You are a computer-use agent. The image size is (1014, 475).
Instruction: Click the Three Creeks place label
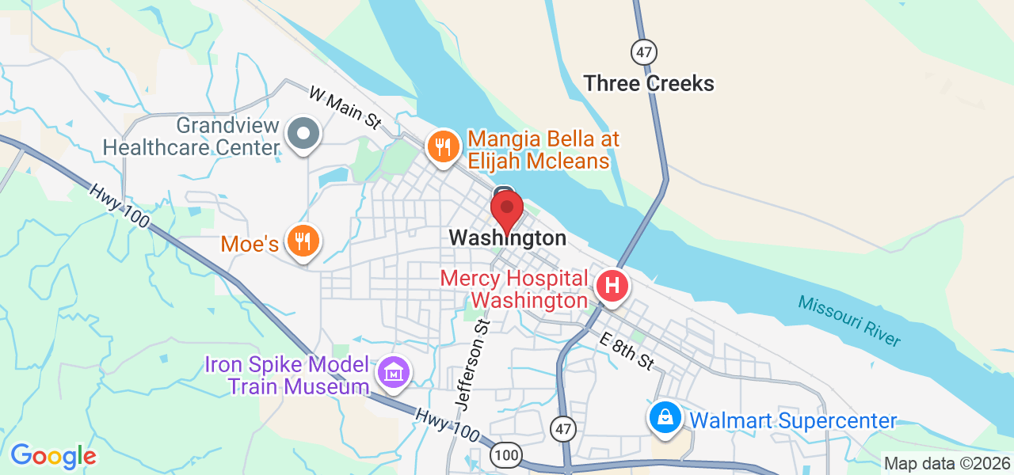(x=649, y=83)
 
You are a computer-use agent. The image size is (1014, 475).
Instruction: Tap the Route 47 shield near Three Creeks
(x=644, y=53)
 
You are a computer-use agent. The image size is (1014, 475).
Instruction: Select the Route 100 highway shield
(x=505, y=454)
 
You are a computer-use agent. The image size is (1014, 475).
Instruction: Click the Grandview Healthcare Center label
(x=192, y=136)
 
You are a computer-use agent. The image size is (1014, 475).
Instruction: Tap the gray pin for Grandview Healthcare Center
(x=303, y=134)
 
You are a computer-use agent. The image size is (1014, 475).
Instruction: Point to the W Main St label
(x=345, y=108)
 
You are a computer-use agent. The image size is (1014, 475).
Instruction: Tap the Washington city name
(x=507, y=237)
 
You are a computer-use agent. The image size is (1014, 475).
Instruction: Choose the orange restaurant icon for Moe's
(x=302, y=241)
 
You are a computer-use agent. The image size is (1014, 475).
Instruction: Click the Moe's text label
(x=250, y=243)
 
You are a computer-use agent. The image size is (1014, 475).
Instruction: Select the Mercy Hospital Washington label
(x=514, y=290)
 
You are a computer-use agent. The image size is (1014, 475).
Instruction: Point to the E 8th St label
(x=627, y=351)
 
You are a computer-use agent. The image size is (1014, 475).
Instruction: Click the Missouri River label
(x=849, y=320)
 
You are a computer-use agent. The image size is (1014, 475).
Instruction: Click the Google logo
(x=53, y=456)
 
